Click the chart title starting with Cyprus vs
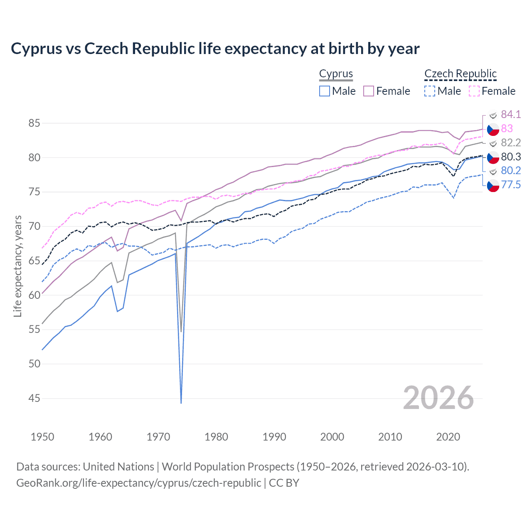click(x=215, y=49)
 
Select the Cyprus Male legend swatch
click(x=325, y=91)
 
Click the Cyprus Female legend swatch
click(x=369, y=91)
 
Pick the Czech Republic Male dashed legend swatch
click(x=430, y=91)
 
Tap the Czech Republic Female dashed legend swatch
click(x=474, y=91)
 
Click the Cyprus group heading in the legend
click(x=336, y=74)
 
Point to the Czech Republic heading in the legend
click(x=461, y=74)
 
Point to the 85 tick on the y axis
click(x=34, y=123)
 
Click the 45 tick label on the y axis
click(x=34, y=399)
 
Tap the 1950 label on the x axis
click(x=42, y=437)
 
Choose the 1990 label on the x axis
click(x=274, y=437)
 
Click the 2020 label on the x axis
click(x=448, y=437)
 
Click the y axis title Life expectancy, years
click(x=18, y=266)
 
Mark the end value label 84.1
click(x=511, y=115)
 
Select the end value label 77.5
click(x=511, y=185)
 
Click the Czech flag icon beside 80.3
click(x=493, y=158)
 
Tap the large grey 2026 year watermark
click(x=438, y=398)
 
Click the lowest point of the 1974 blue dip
click(x=181, y=403)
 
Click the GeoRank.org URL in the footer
click(x=138, y=483)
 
